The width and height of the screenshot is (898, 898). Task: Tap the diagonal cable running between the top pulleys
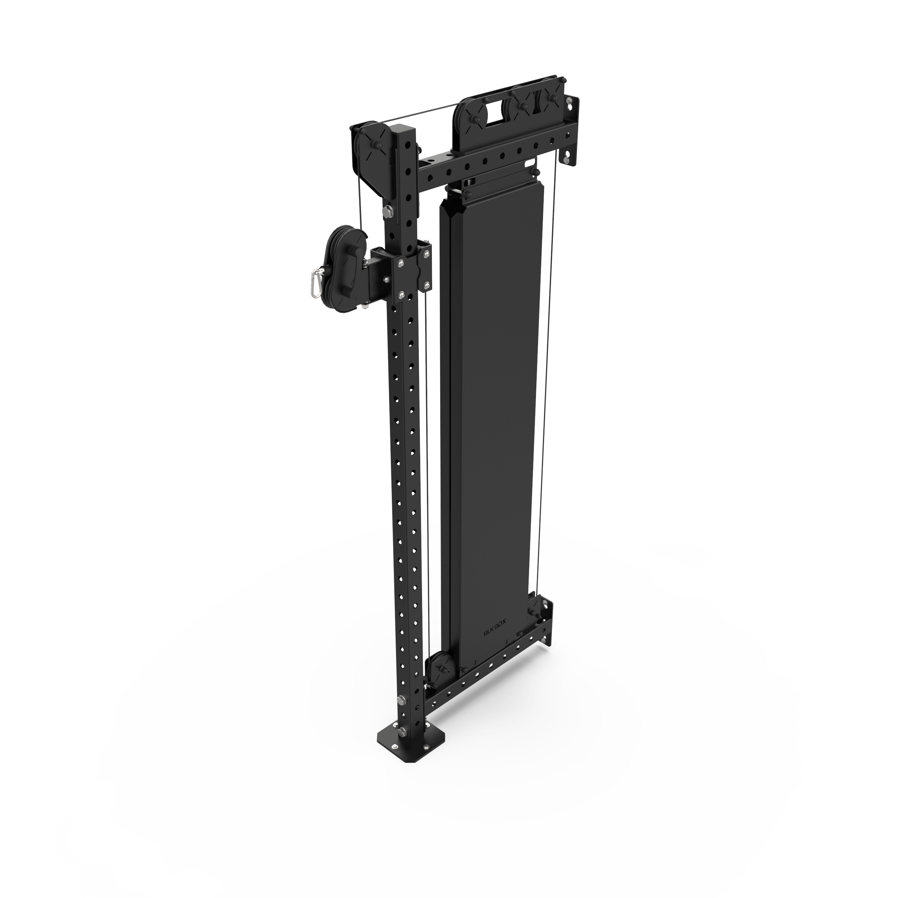point(418,116)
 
